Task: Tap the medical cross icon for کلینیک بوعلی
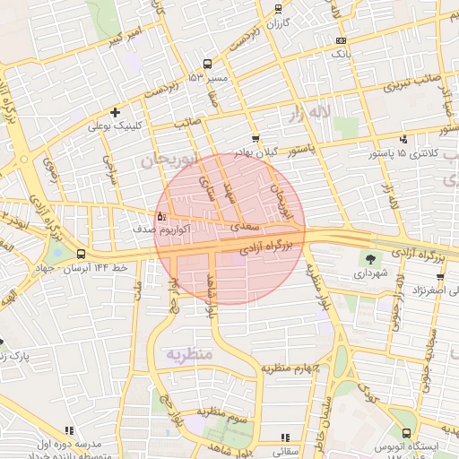[114, 112]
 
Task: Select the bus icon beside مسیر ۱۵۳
[208, 64]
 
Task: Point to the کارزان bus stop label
[279, 22]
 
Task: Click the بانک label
[341, 55]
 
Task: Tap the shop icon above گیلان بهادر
[255, 139]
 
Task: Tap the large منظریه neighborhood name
[188, 354]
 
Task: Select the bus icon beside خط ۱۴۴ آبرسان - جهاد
[81, 255]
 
